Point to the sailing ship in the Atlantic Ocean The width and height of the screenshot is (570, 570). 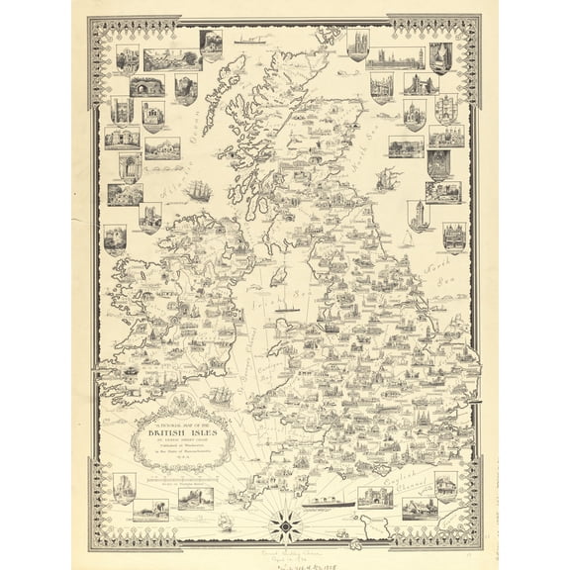coord(199,189)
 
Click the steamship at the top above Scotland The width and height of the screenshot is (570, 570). coord(251,42)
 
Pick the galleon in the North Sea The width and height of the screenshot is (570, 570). coord(388,179)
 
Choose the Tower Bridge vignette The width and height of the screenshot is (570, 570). coord(420,84)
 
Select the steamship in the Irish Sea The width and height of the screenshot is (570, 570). coord(288,309)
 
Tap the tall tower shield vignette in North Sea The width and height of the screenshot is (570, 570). coord(420,214)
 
